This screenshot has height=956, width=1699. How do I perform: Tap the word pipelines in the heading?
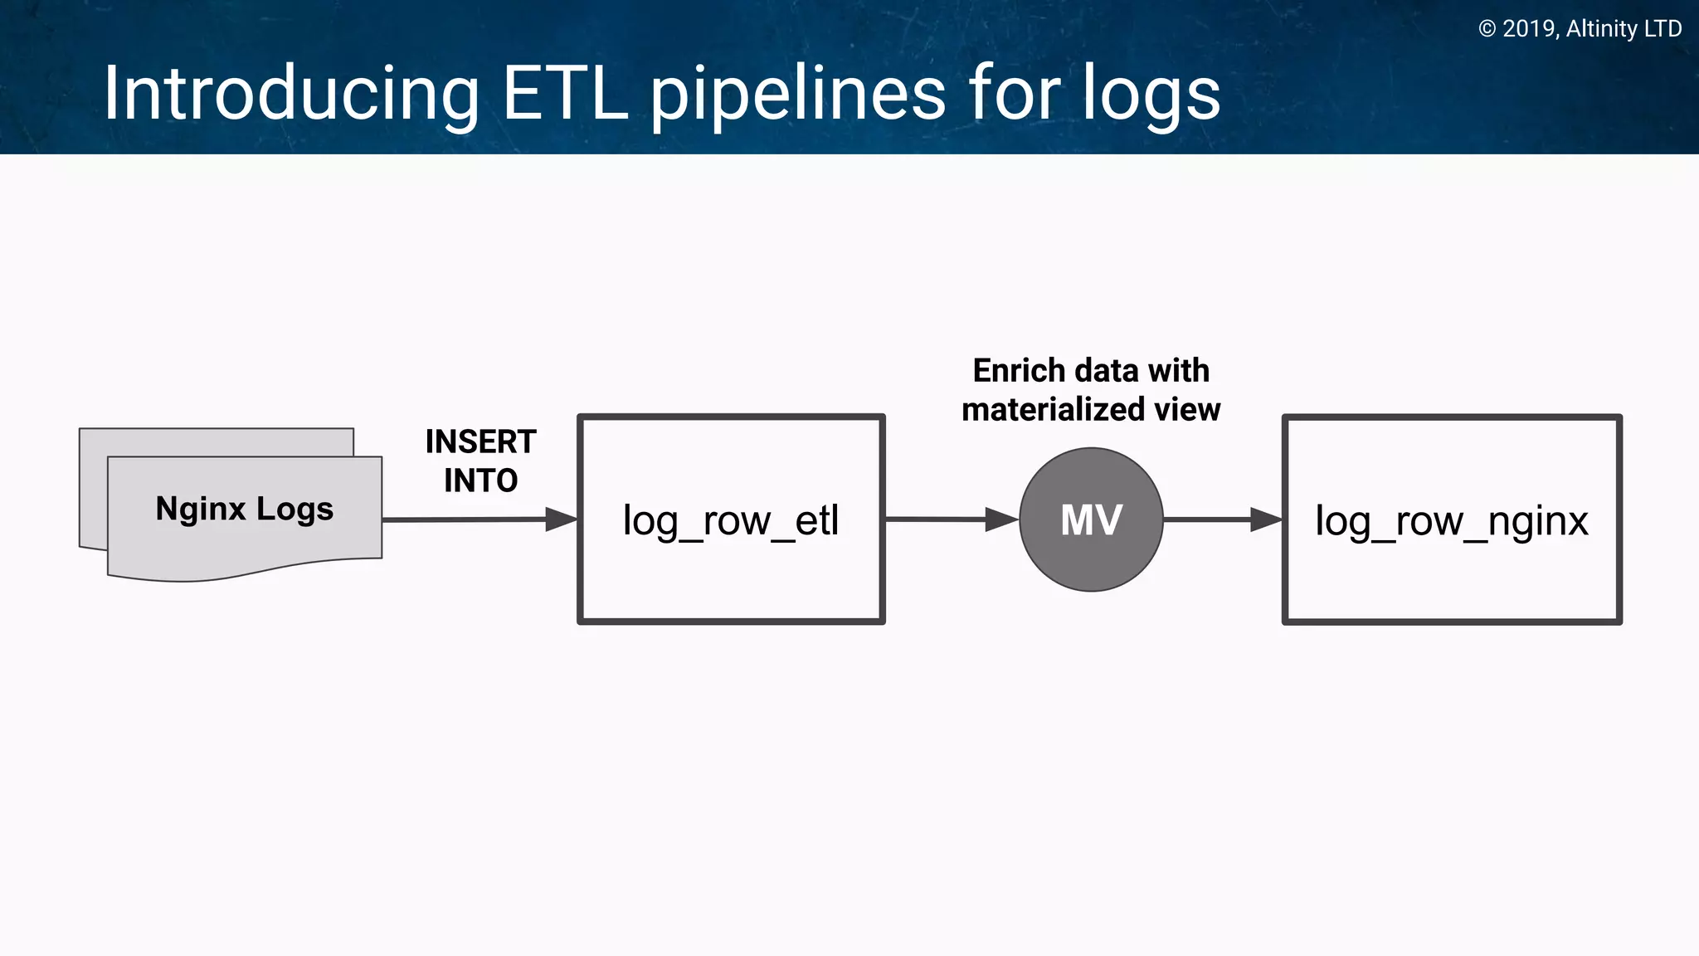point(796,95)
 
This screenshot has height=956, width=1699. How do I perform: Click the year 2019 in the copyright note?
point(1529,29)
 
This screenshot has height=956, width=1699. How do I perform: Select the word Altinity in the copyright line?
point(1602,29)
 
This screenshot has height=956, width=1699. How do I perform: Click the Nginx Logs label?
point(244,508)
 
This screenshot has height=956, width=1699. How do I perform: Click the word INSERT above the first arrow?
point(480,441)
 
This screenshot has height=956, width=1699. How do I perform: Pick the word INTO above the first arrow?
point(480,480)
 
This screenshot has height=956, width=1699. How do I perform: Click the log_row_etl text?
point(731,521)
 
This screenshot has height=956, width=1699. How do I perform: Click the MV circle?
point(1091,519)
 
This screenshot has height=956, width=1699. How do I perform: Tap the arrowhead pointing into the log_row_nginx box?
point(1266,519)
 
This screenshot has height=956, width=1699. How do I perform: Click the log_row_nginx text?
point(1452,521)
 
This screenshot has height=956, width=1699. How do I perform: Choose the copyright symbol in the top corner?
point(1487,29)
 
